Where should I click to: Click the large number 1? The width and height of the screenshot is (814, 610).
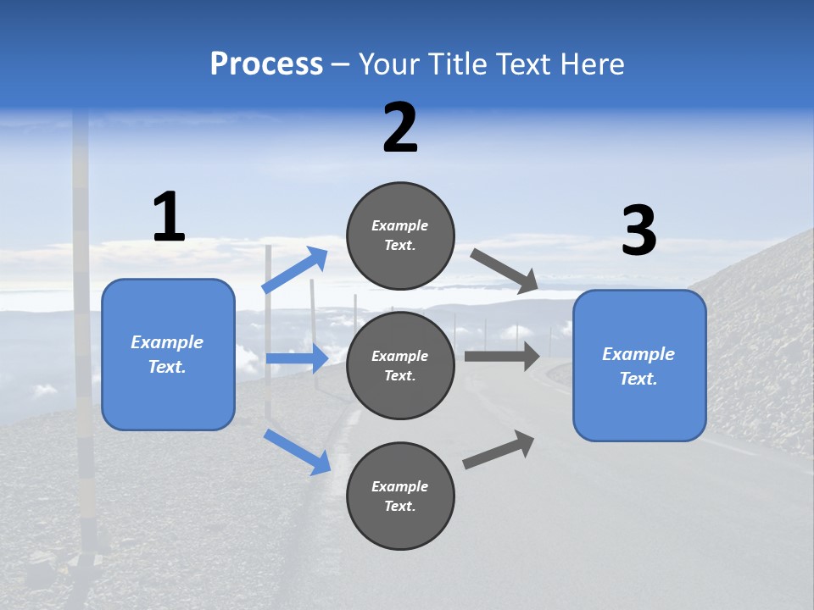click(169, 218)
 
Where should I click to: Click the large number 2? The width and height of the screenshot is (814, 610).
click(400, 129)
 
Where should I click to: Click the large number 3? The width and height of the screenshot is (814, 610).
click(638, 231)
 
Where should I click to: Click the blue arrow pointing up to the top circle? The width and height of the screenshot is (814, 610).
click(295, 270)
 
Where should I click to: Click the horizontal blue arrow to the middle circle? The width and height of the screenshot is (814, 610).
click(297, 359)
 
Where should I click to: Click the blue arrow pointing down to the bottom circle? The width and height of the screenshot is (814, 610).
click(297, 452)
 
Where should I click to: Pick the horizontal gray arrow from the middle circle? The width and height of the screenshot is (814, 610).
click(501, 356)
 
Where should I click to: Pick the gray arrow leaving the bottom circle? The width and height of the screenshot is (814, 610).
click(499, 450)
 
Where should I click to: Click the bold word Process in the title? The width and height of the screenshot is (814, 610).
click(266, 64)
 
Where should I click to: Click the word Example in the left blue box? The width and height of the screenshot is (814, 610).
click(167, 342)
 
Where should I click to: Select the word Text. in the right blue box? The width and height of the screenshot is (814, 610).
click(638, 379)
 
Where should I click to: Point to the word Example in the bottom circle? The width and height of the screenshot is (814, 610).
click(400, 486)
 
